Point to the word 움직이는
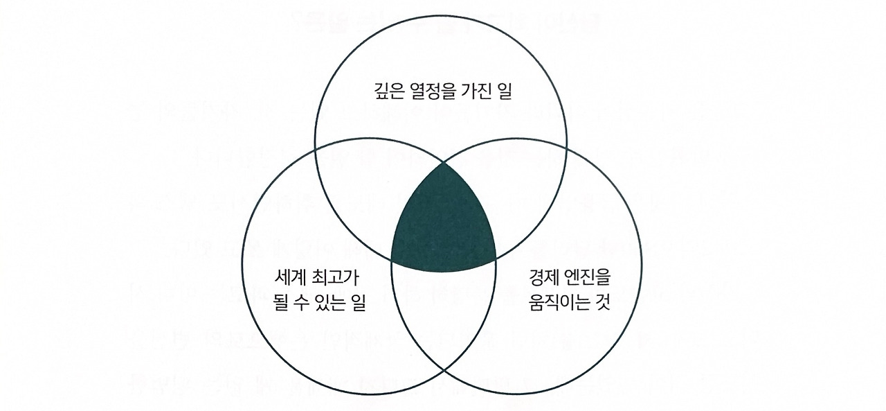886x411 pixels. [553, 303]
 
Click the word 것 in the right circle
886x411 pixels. [602, 303]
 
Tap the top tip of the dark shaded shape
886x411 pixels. [443, 163]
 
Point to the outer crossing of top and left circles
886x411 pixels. [316, 147]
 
